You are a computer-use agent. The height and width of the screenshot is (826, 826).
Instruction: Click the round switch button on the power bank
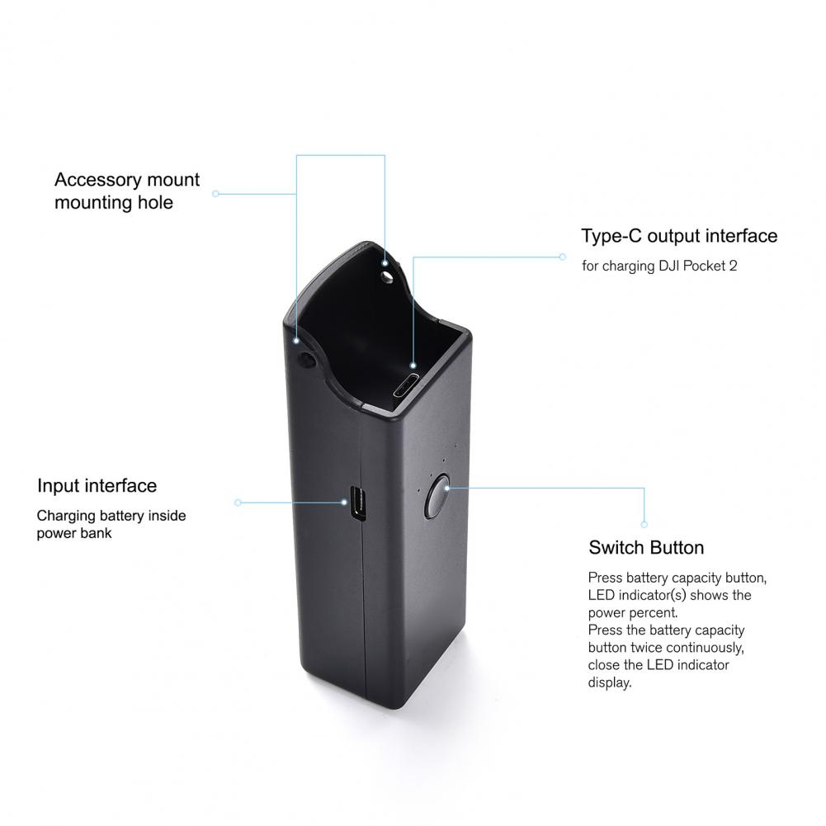(437, 495)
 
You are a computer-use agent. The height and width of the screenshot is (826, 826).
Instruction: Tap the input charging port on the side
(357, 503)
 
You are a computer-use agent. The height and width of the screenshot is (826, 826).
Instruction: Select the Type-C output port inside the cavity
(406, 386)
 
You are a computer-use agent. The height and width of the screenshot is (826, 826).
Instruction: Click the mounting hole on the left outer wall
(307, 360)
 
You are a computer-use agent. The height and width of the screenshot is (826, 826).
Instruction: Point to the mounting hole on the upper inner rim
(388, 277)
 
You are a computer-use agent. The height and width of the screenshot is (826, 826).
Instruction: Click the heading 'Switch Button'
(646, 547)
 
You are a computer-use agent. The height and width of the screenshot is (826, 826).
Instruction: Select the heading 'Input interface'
(97, 485)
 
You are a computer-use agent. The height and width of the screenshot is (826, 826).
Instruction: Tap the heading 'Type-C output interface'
(679, 236)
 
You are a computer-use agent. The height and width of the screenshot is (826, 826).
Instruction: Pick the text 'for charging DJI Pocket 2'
(659, 266)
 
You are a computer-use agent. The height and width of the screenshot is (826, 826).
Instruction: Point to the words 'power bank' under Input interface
(74, 533)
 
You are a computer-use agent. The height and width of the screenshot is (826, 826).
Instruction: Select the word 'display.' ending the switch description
(610, 682)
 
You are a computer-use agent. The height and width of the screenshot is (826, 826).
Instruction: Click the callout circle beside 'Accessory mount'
(215, 194)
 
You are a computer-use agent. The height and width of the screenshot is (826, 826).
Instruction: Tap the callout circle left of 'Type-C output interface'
(563, 257)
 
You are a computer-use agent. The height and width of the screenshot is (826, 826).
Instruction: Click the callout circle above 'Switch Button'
(644, 524)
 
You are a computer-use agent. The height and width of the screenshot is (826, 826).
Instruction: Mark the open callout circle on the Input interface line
(238, 503)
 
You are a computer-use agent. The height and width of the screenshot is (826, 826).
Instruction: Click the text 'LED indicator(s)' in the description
(637, 595)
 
